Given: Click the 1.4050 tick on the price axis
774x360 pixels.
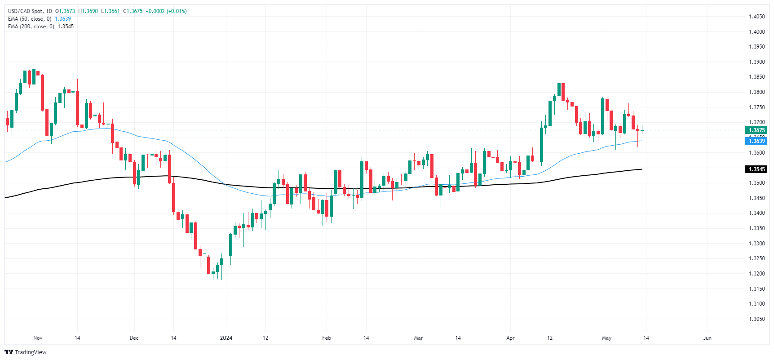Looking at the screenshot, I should (x=756, y=17).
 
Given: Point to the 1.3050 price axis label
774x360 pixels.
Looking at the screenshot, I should (x=756, y=319).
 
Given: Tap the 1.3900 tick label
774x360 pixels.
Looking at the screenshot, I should (x=756, y=62).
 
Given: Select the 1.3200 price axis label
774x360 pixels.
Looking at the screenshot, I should (x=756, y=274).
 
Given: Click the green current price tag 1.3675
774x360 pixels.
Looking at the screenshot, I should (x=756, y=130).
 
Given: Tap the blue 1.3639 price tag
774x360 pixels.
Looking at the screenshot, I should (x=756, y=141).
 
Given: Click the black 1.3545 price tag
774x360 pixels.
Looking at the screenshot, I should (x=756, y=169).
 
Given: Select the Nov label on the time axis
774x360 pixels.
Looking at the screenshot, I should (x=38, y=338).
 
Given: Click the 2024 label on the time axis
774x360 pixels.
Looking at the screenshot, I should (x=226, y=338).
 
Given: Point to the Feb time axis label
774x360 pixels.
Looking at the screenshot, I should (x=327, y=338).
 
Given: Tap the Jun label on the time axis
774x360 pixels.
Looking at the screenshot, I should (x=707, y=338).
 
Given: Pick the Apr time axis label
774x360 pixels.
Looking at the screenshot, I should (x=510, y=338).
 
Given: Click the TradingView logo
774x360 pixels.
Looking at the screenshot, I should (x=26, y=352).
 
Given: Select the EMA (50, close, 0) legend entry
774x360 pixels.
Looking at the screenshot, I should (x=30, y=19).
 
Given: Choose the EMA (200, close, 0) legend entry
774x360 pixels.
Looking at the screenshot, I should (x=31, y=27).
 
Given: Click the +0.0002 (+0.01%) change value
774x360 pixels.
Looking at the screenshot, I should (x=166, y=11).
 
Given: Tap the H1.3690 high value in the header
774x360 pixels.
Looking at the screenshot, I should (x=88, y=11).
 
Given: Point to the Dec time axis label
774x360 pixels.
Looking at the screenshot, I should (x=134, y=338).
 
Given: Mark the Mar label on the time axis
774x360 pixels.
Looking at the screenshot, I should (x=418, y=338).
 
